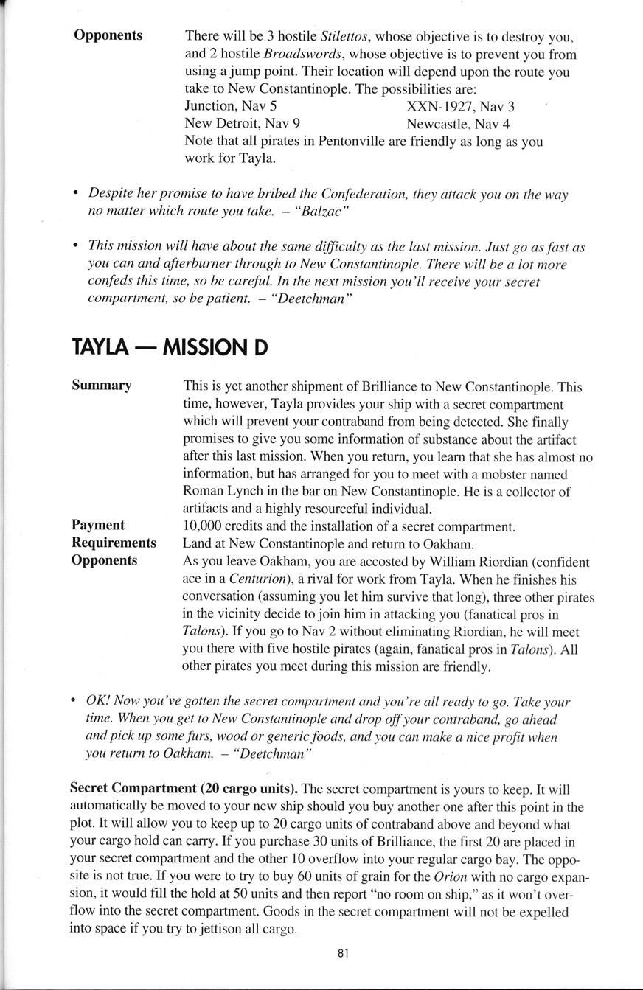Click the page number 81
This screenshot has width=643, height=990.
(342, 953)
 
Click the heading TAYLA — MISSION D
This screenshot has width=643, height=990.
(170, 346)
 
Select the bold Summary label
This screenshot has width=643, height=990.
(102, 386)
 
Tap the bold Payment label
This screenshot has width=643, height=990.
(98, 526)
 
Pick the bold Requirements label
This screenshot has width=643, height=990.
(114, 543)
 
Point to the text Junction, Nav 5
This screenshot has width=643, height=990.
(230, 106)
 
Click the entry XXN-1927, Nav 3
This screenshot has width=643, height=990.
(460, 106)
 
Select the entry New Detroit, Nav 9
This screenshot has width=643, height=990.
(242, 124)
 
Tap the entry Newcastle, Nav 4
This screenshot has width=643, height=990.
(458, 124)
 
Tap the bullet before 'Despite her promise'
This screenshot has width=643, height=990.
(76, 194)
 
